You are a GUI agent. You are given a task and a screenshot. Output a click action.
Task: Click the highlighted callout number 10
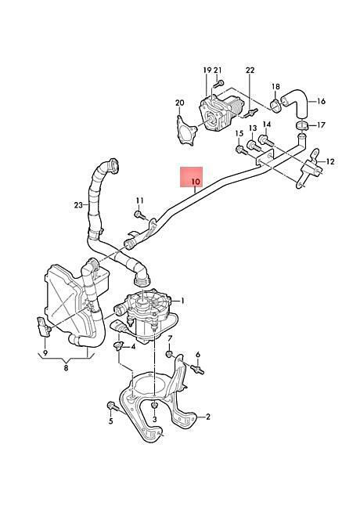(196, 182)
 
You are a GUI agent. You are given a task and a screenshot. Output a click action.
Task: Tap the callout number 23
(78, 205)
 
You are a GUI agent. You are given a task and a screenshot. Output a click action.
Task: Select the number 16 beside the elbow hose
(321, 101)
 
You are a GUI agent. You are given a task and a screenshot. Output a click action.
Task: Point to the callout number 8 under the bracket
(67, 368)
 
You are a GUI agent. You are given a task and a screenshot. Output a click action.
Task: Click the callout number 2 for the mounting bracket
(208, 417)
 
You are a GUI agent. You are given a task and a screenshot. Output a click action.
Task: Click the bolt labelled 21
(218, 84)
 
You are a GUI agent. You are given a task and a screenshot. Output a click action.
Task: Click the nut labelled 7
(168, 353)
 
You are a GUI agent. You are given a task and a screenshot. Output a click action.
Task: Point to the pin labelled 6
(197, 370)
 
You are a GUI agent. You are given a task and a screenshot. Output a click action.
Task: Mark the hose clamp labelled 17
(301, 126)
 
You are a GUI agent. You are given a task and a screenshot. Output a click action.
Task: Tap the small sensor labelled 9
(44, 327)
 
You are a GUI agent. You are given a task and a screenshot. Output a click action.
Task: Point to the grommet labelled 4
(118, 345)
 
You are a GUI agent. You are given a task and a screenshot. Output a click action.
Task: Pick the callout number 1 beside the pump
(182, 301)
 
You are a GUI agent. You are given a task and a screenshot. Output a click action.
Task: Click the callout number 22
(250, 70)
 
